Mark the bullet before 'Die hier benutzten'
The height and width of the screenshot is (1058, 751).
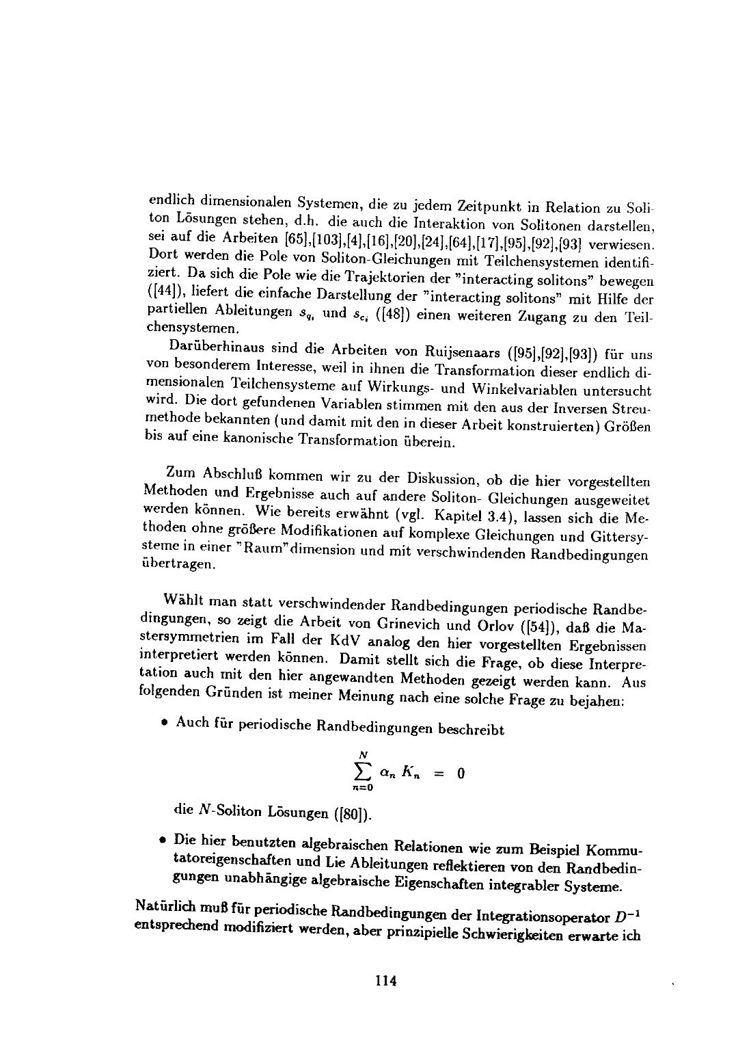click(x=166, y=838)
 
